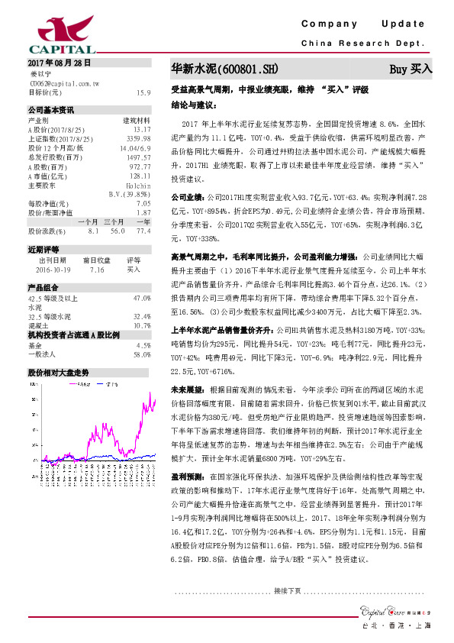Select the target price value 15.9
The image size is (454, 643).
tap(143, 92)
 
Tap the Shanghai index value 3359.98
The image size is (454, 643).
tap(137, 137)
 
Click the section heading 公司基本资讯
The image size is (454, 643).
tap(51, 109)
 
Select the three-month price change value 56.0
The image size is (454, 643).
tap(118, 230)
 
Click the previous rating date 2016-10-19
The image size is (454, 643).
tap(53, 270)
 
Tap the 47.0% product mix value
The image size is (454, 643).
tap(142, 298)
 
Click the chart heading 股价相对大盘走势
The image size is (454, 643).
tap(59, 373)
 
